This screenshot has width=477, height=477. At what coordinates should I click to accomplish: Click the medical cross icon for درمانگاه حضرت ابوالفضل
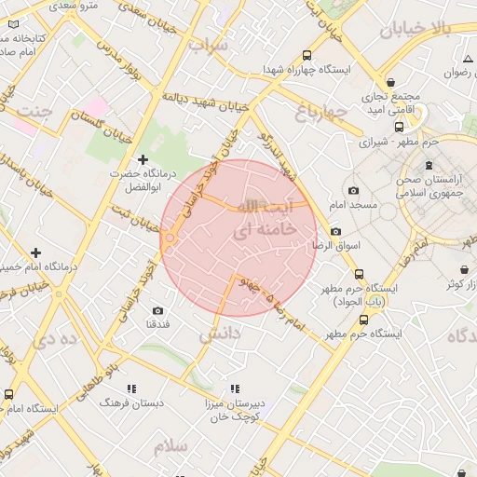click(143, 159)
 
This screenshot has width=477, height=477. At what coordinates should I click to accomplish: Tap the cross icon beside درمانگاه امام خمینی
click(35, 252)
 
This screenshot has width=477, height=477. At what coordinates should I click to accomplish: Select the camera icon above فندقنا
click(157, 310)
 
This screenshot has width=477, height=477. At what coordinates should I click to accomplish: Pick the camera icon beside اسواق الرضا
click(335, 231)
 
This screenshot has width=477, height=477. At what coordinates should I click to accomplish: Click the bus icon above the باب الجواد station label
click(360, 274)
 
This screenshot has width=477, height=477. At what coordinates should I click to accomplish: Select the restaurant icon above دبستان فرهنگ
click(130, 388)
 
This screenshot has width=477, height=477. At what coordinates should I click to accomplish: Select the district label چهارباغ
click(321, 114)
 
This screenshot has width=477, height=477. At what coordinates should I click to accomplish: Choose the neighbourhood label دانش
click(221, 333)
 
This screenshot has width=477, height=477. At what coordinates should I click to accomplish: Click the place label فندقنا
click(157, 324)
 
